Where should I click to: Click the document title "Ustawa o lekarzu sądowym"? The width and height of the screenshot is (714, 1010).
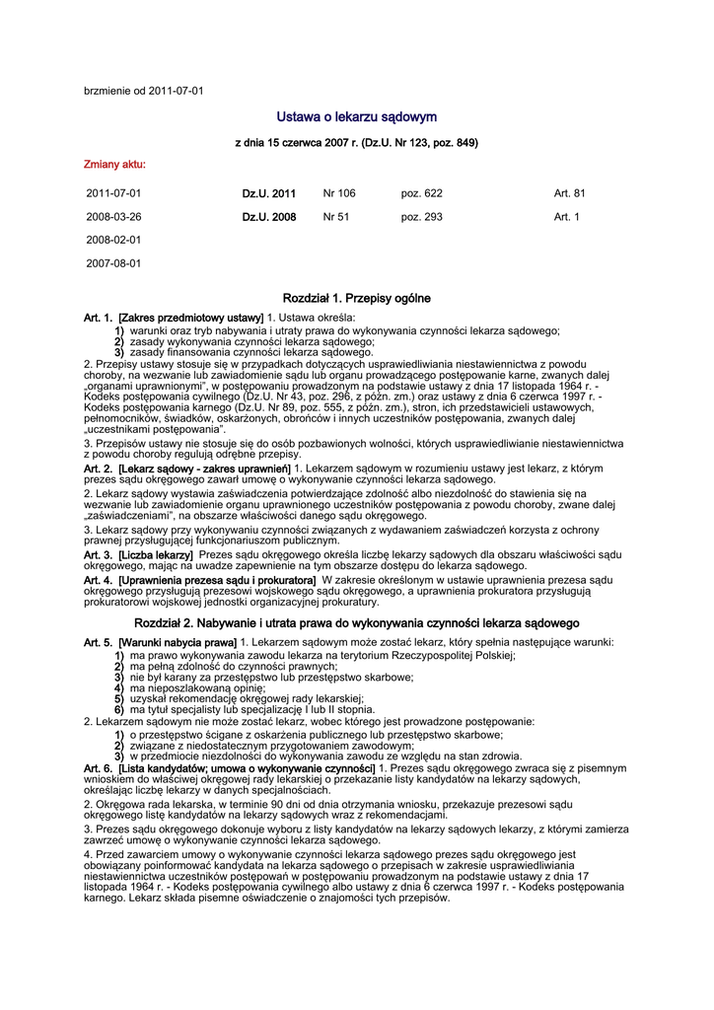pyautogui.click(x=356, y=117)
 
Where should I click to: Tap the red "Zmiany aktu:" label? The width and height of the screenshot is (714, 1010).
pyautogui.click(x=115, y=164)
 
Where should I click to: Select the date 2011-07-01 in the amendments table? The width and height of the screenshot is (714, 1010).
pyautogui.click(x=113, y=193)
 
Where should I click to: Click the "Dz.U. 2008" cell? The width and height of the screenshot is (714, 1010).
pyautogui.click(x=269, y=217)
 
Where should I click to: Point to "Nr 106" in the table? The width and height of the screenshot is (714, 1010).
pyautogui.click(x=339, y=193)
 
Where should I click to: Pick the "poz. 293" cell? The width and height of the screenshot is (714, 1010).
pyautogui.click(x=421, y=217)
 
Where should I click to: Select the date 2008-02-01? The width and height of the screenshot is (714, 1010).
pyautogui.click(x=113, y=240)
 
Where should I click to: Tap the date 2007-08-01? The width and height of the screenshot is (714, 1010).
pyautogui.click(x=113, y=263)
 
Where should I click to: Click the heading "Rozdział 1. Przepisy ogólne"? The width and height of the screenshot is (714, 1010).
pyautogui.click(x=356, y=298)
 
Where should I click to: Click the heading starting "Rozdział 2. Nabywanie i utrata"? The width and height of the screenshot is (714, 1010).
pyautogui.click(x=356, y=623)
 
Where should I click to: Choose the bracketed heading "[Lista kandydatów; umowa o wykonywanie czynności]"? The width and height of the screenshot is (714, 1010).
pyautogui.click(x=247, y=767)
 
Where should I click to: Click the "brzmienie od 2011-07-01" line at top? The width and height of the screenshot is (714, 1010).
pyautogui.click(x=144, y=91)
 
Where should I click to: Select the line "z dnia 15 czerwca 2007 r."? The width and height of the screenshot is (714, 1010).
pyautogui.click(x=356, y=143)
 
